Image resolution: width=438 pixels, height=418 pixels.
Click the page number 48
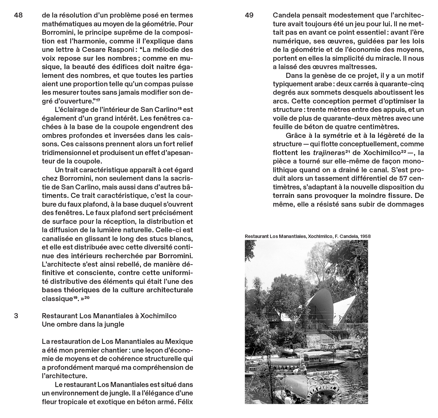[x=19, y=16]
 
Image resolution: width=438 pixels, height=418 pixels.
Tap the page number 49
[x=249, y=16]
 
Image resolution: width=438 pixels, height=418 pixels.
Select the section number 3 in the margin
[x=16, y=316]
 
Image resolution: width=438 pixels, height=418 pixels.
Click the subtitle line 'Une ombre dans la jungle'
[x=83, y=324]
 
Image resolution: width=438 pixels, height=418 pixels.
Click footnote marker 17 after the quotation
[x=98, y=100]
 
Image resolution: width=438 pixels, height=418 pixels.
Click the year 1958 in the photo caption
[x=365, y=236]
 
